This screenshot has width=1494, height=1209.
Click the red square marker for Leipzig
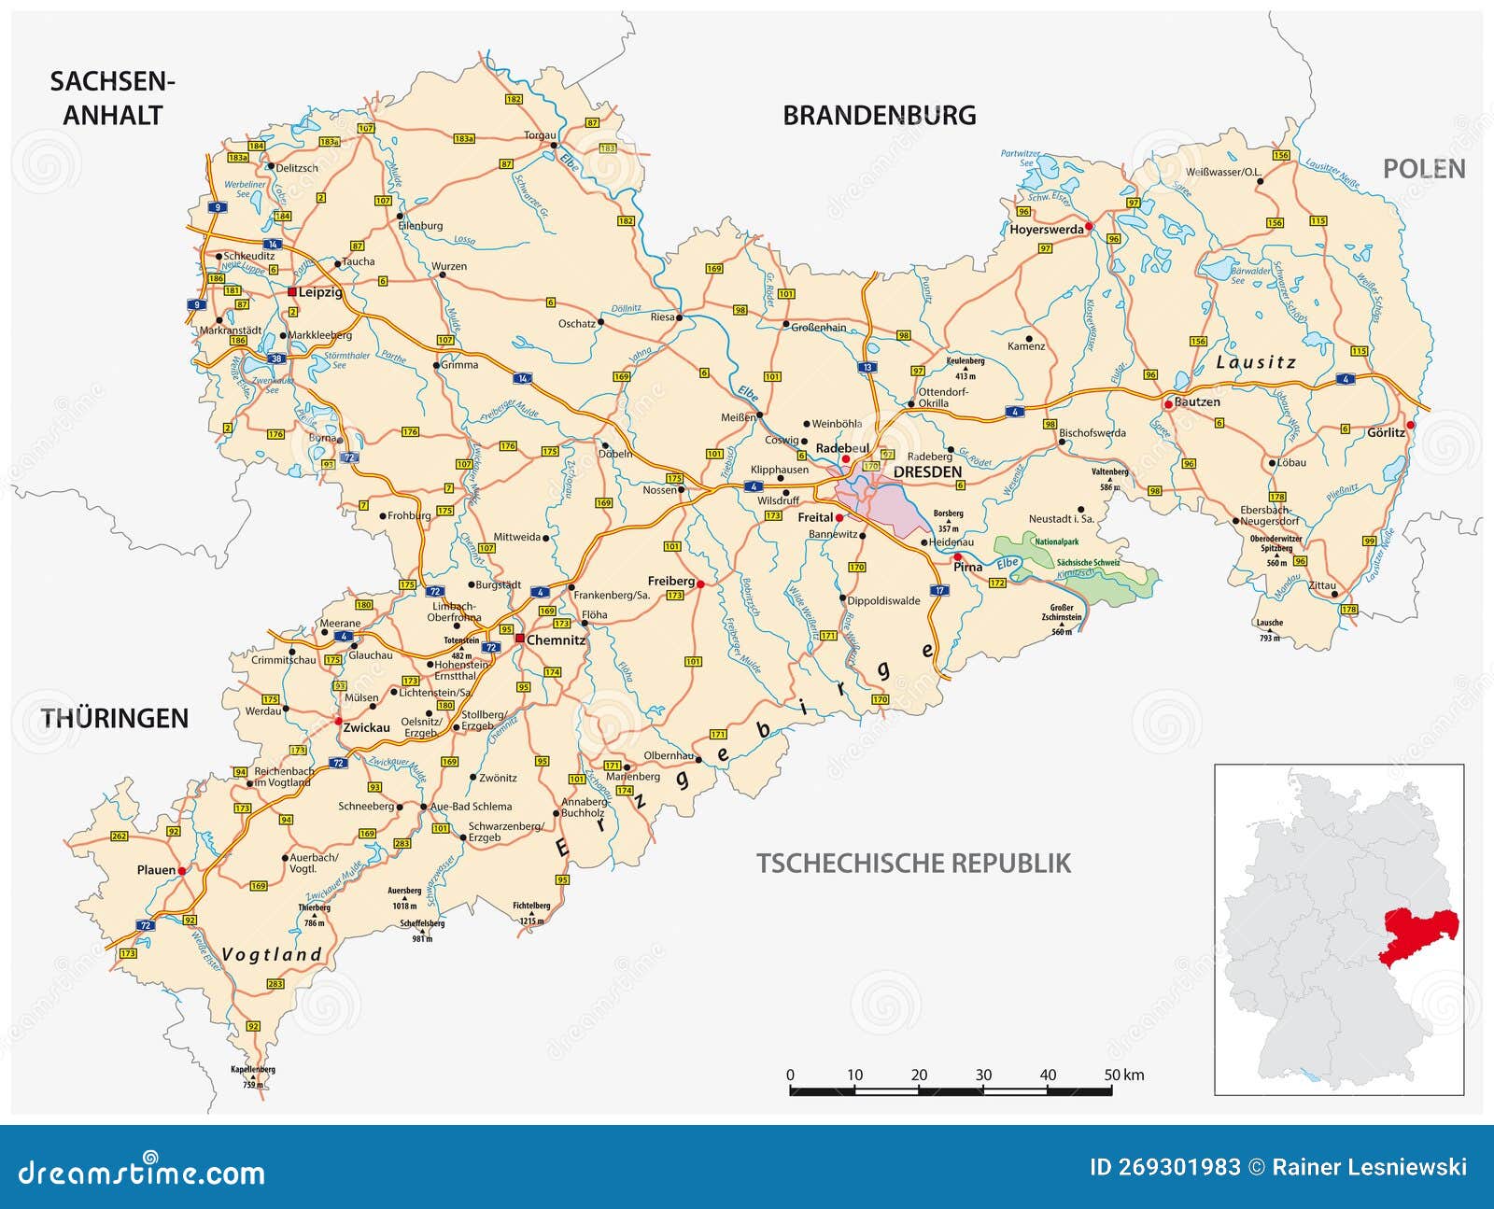292,292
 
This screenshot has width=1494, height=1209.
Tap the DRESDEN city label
927,472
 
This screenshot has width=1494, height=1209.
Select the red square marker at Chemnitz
519,640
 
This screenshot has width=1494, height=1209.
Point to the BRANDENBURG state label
879,116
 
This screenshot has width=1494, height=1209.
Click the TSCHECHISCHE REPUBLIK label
913,863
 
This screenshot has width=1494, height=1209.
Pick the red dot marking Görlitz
1411,425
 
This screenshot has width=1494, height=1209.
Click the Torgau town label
539,135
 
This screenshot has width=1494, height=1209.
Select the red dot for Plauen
182,870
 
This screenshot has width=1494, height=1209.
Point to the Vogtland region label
272,954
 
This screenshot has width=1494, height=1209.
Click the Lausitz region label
1256,362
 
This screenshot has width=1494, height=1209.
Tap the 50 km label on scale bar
1123,1075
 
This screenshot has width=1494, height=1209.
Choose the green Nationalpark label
1056,541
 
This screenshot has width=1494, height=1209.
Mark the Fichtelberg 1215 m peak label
531,911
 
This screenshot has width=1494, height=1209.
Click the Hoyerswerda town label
1046,230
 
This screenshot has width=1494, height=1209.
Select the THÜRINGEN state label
114,718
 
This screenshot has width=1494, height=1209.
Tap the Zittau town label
1321,586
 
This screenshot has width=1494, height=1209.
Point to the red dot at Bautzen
1167,404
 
